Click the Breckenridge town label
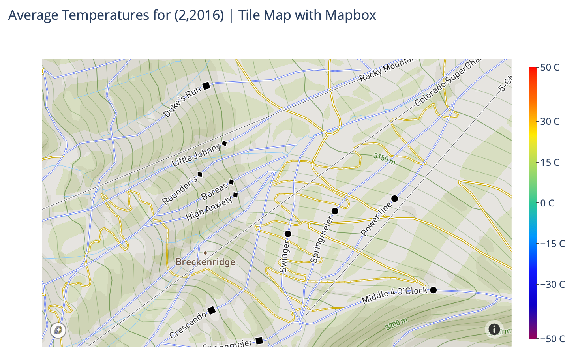click(x=205, y=262)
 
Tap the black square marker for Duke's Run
click(x=206, y=86)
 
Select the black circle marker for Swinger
click(x=288, y=234)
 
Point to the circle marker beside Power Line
click(x=394, y=199)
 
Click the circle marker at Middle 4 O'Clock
click(x=433, y=290)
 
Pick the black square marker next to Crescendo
click(x=212, y=310)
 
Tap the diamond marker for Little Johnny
click(x=224, y=143)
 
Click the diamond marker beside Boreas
click(x=232, y=182)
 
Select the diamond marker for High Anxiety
click(x=236, y=195)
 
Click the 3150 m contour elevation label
click(x=384, y=159)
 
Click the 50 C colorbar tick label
click(x=550, y=67)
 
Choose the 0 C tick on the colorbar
click(x=547, y=203)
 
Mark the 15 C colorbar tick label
click(x=550, y=162)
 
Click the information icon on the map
click(x=494, y=329)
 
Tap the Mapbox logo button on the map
click(x=58, y=330)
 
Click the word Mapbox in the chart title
click(x=351, y=15)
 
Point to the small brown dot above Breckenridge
click(x=205, y=253)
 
